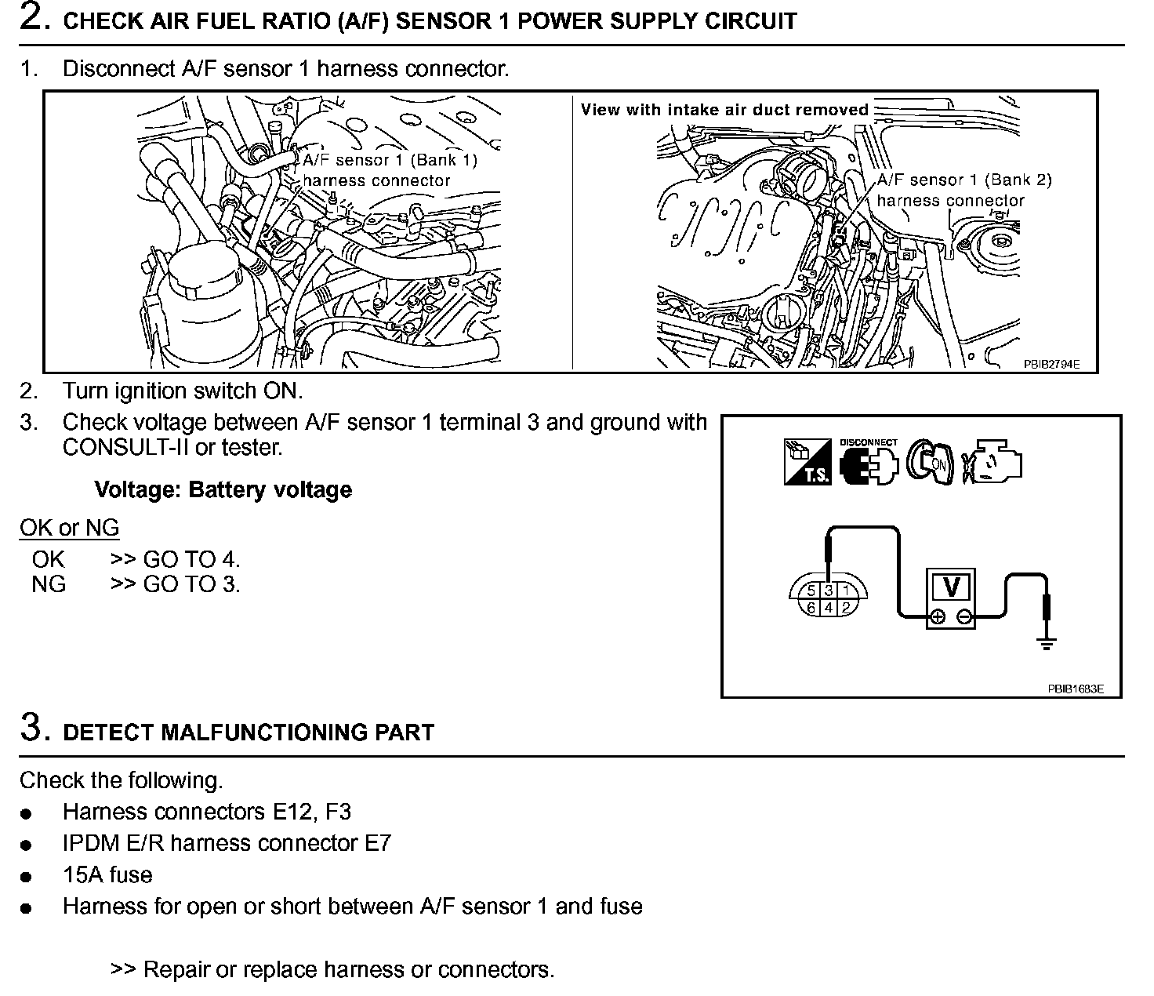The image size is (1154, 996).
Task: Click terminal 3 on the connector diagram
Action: [828, 591]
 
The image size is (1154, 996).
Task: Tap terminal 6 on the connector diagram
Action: [811, 608]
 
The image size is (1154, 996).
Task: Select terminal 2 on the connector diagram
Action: [845, 608]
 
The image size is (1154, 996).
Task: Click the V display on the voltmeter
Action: [950, 587]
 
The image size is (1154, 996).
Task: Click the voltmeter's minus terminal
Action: [964, 618]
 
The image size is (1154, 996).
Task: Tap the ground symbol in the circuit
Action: [1046, 645]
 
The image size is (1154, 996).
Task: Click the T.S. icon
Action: [807, 463]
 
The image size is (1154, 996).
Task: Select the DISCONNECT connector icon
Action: [867, 463]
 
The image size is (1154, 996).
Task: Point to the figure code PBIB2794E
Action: [1051, 364]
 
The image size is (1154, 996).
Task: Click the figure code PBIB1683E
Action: [1076, 689]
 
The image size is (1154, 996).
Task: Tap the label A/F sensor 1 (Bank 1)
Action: [390, 160]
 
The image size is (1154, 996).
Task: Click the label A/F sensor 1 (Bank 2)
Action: [964, 180]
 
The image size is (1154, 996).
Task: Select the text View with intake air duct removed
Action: [724, 110]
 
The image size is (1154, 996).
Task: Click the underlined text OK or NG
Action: [70, 528]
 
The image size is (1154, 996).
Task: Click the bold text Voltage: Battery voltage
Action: [223, 490]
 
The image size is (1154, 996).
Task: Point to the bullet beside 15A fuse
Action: [27, 877]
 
